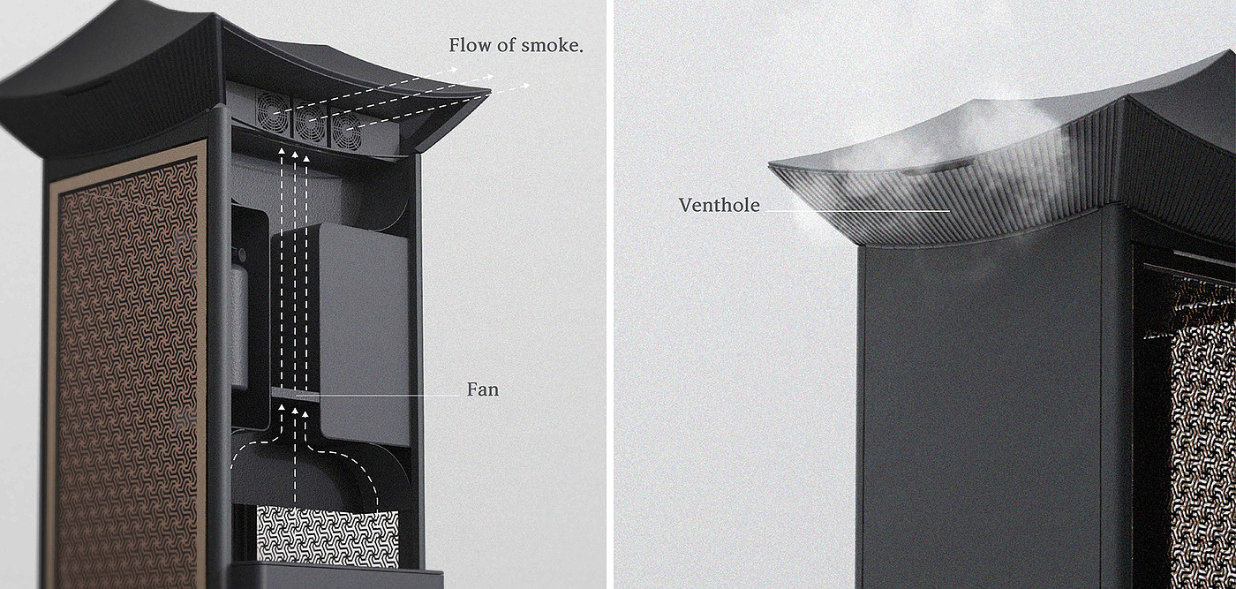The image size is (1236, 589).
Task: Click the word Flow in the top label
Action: (468, 45)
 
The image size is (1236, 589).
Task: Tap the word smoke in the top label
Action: (550, 45)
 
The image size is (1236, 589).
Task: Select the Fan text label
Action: (482, 389)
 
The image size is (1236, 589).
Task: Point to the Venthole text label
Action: (719, 205)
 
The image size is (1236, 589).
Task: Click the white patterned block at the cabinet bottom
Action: (327, 535)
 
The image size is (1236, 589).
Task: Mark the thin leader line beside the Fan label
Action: (388, 396)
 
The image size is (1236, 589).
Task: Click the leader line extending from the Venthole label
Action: (856, 210)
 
